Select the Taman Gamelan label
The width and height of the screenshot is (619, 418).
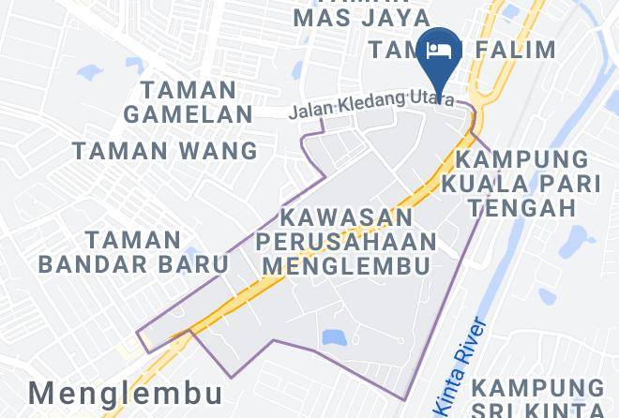coord(196,102)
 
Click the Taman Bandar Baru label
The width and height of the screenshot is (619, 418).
coord(134,251)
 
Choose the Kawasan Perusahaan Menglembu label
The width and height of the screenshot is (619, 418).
coord(346,242)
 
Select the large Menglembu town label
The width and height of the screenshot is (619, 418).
coord(126,391)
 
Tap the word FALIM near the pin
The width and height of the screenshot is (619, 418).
coord(517,50)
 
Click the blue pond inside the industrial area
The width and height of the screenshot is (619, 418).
coord(332,336)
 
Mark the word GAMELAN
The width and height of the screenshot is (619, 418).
coord(196,114)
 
